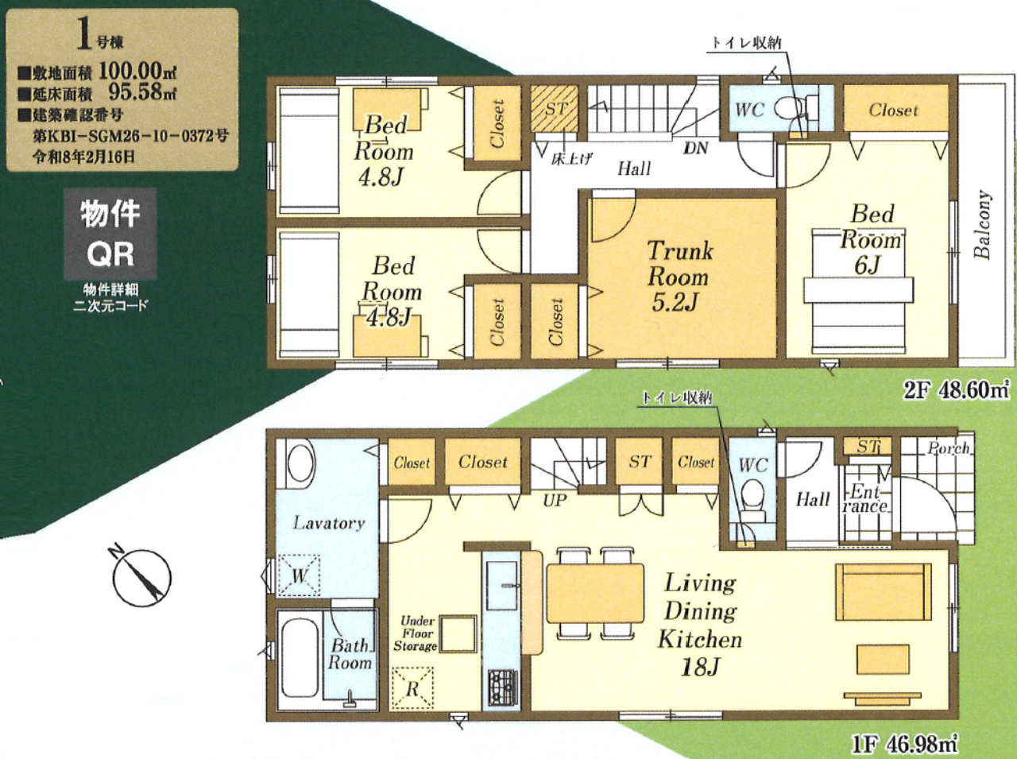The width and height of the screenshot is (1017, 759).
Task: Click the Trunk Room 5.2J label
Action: coord(679,276)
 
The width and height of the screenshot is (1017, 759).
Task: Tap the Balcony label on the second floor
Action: coord(982,224)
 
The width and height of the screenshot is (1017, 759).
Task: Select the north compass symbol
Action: coord(141,576)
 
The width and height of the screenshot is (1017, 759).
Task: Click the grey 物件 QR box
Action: coord(110,234)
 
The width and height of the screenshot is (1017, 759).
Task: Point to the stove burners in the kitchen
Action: coord(502,688)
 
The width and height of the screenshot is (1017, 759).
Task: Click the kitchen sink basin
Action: coord(502,586)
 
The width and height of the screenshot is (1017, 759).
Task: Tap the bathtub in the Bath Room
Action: coord(300,658)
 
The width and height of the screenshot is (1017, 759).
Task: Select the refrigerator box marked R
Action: coord(412,688)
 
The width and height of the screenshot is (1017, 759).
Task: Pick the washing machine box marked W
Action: coord(299,575)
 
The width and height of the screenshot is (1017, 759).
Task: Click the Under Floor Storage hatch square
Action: coord(458,634)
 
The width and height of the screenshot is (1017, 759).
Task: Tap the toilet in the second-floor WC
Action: coord(796,110)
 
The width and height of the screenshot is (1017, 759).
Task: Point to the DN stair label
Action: coord(696,149)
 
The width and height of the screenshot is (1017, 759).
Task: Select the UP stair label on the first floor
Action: coord(555,501)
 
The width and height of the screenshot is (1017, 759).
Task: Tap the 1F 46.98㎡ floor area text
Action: coord(904,745)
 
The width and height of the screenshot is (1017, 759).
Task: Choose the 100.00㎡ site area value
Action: coord(137,72)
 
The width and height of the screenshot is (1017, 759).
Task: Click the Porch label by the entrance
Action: coord(949,448)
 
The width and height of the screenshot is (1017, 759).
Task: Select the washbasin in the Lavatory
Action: coord(300,463)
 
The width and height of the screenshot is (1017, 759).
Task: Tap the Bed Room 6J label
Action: coord(871,239)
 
